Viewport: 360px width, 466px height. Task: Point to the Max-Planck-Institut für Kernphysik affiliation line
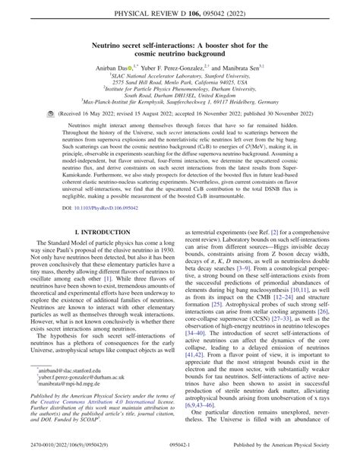click(180, 120)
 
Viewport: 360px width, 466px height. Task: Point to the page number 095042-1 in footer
click(180, 458)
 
